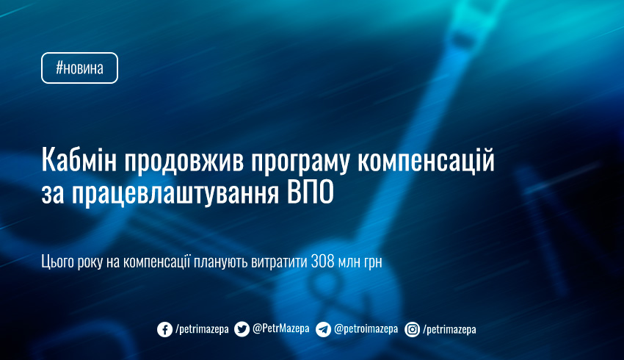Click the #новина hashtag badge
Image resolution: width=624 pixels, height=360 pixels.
[x=79, y=68]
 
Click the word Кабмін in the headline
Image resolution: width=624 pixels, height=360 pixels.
[x=79, y=159]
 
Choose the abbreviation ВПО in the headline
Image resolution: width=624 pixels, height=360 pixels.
[x=310, y=193]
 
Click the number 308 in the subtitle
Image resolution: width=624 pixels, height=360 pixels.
[x=323, y=262]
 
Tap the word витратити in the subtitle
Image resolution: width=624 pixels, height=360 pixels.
[x=279, y=262]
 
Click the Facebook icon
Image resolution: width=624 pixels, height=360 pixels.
[x=164, y=329]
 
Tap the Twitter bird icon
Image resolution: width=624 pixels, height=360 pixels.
[x=242, y=329]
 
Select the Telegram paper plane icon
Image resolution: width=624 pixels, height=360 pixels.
[x=323, y=329]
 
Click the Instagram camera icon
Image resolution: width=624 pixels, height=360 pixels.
[x=413, y=329]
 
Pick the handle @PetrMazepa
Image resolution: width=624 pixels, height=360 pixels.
[x=281, y=328]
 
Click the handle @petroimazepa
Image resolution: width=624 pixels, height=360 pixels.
[x=366, y=329]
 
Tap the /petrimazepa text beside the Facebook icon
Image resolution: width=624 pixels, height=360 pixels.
[x=202, y=330]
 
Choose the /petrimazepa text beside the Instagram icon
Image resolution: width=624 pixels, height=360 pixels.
[x=450, y=330]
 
